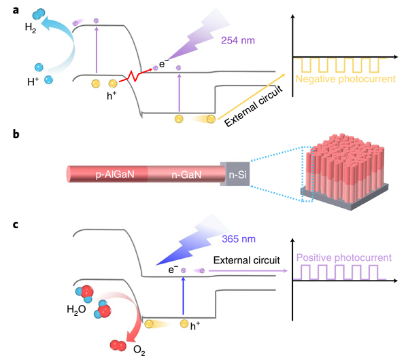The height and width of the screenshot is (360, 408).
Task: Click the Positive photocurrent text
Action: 343,257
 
